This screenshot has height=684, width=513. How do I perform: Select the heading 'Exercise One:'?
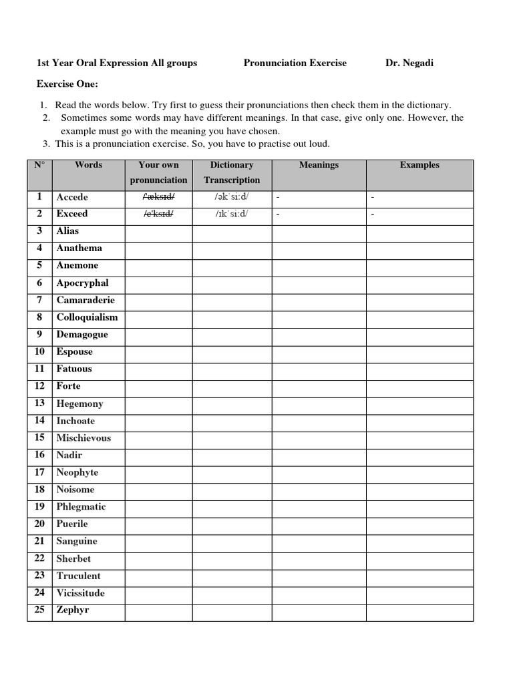click(x=67, y=84)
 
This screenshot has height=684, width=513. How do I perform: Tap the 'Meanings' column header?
click(x=319, y=165)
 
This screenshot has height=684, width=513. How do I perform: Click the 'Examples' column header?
click(x=419, y=165)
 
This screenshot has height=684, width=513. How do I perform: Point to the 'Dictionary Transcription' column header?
click(x=232, y=172)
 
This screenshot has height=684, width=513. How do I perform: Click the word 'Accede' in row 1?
click(x=72, y=197)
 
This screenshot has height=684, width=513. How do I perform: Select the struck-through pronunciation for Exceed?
click(x=158, y=214)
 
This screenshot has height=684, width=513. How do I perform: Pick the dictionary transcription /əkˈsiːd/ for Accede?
click(x=232, y=197)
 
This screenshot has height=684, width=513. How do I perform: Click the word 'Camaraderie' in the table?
click(x=85, y=300)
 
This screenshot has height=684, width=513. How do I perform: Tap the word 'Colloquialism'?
click(x=87, y=317)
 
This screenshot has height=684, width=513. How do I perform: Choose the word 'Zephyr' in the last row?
click(x=73, y=610)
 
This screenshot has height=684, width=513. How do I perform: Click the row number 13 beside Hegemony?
click(x=39, y=403)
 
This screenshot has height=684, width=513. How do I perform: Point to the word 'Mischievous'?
click(x=83, y=438)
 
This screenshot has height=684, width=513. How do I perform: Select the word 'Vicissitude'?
click(x=80, y=592)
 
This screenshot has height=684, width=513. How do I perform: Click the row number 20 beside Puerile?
click(x=39, y=524)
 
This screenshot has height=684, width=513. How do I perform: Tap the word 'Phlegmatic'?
click(x=81, y=506)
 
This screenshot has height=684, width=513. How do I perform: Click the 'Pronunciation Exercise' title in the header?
click(x=295, y=63)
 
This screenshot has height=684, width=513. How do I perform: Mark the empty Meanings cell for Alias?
click(x=319, y=231)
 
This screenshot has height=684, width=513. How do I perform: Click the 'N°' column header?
click(x=39, y=165)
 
